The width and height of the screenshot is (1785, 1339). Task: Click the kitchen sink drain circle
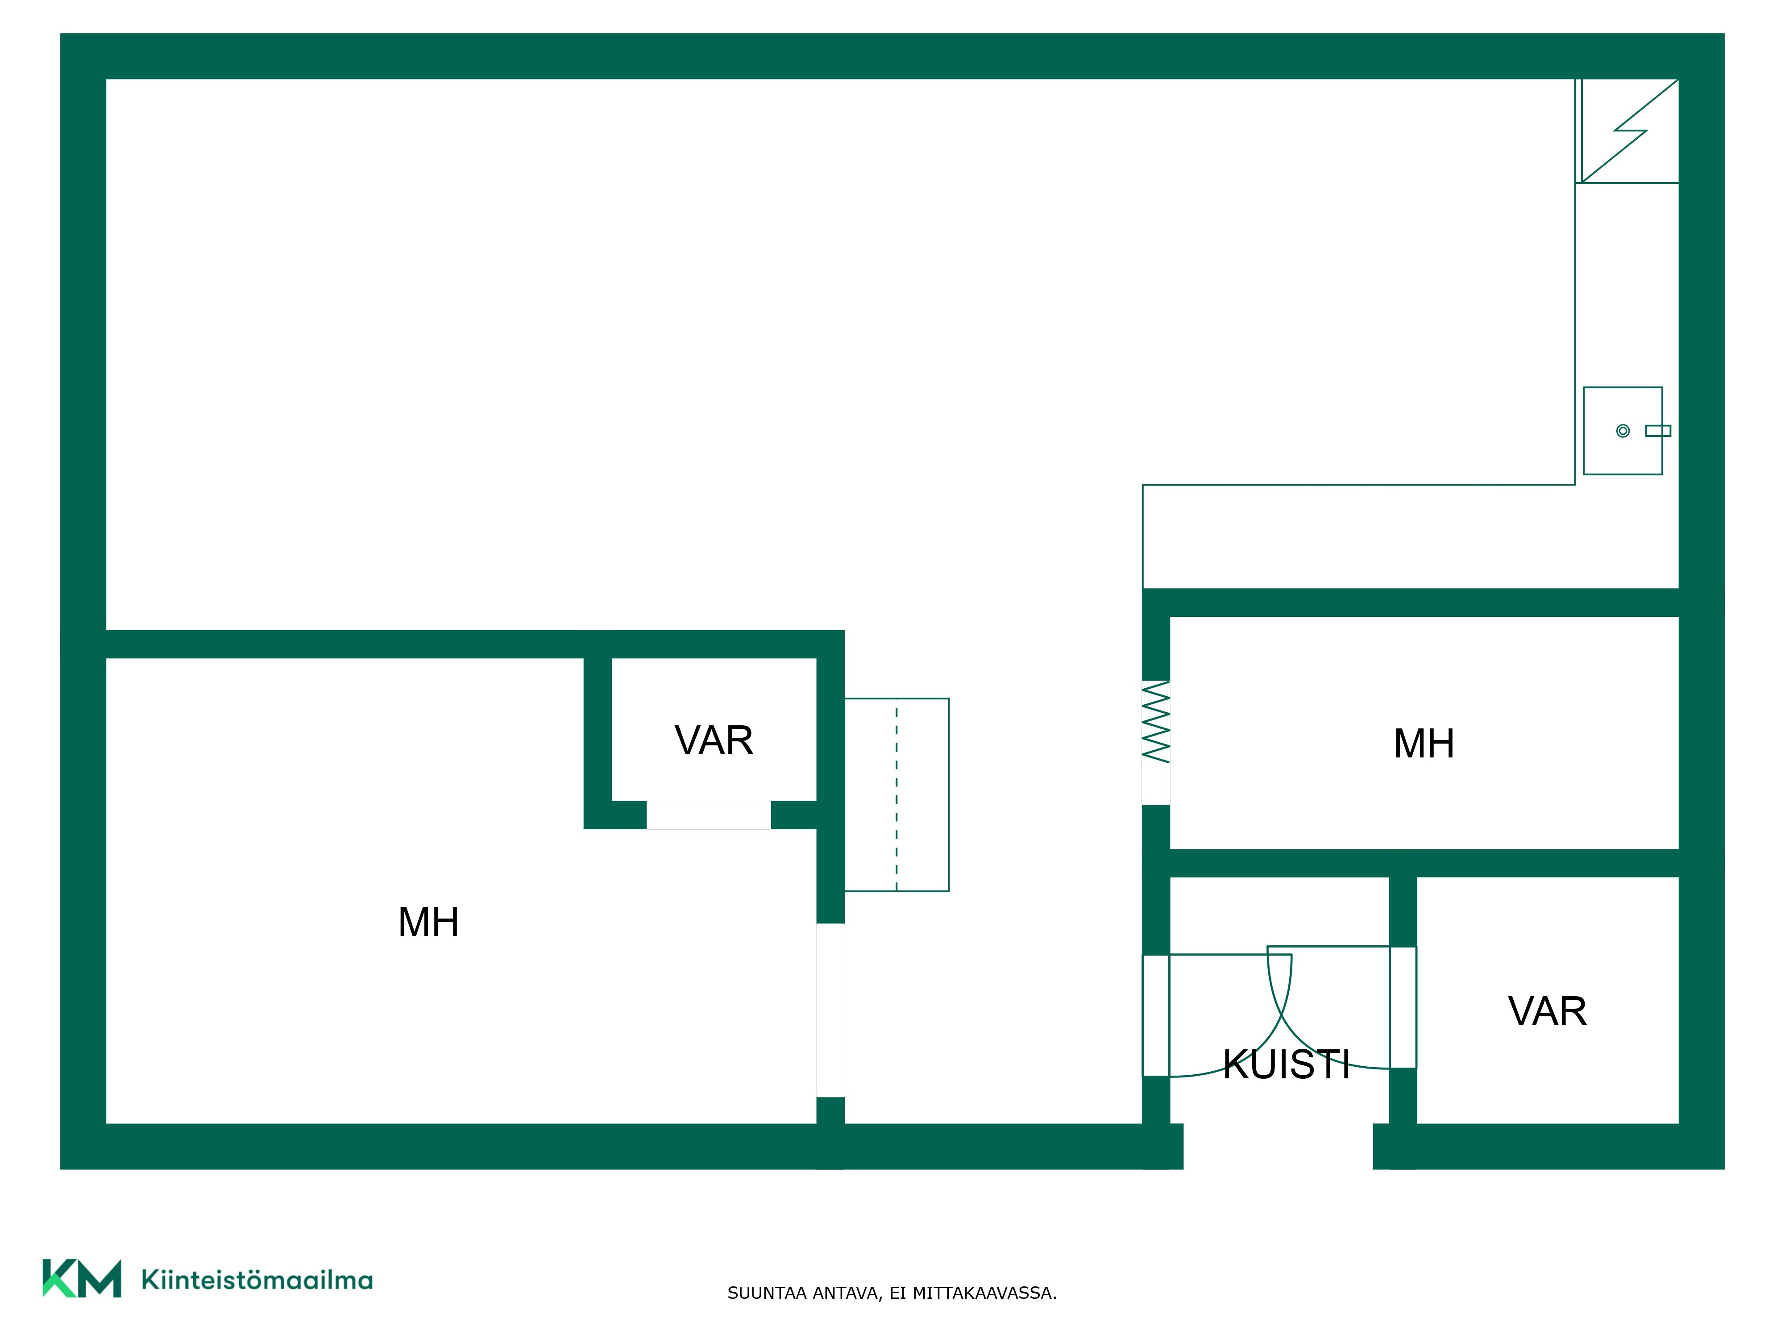tap(1623, 431)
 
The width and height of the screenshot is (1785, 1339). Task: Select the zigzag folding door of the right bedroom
tap(1156, 722)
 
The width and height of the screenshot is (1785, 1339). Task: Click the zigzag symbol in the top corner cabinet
tap(1630, 131)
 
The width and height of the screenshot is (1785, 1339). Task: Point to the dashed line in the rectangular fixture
tap(897, 795)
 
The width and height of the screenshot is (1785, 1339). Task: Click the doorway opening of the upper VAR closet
tap(709, 815)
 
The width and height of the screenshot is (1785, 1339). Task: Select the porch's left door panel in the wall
tap(1156, 1015)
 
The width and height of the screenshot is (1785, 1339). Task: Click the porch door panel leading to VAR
tap(1403, 1007)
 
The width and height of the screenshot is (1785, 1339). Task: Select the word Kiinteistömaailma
tap(257, 1280)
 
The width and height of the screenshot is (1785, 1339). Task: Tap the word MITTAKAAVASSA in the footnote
tap(984, 1293)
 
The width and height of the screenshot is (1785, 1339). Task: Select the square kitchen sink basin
tap(1623, 431)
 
